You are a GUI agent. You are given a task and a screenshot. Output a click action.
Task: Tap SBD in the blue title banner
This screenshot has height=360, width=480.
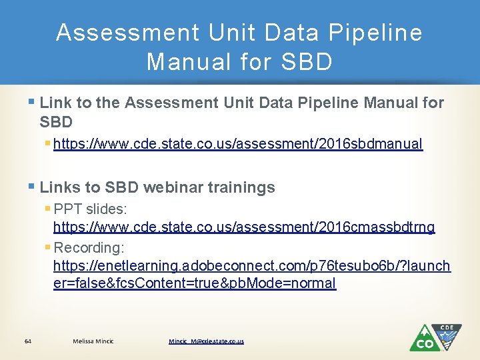[306, 62]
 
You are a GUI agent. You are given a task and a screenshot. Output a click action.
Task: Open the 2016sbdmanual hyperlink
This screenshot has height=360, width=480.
[237, 144]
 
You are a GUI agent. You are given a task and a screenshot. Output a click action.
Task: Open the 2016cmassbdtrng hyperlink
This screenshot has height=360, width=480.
[244, 227]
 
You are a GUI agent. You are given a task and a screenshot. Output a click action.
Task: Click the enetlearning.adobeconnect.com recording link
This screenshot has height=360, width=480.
[251, 266]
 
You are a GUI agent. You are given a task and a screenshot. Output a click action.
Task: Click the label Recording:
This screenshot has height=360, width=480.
[89, 248]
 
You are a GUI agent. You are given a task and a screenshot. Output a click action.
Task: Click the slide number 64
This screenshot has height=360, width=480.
[27, 341]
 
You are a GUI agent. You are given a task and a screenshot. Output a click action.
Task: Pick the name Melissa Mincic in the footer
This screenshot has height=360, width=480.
[93, 341]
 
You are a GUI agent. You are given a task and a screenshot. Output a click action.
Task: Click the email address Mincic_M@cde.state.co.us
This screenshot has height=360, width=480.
[206, 341]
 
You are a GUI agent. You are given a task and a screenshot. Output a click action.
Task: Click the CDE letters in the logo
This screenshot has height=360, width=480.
[447, 327]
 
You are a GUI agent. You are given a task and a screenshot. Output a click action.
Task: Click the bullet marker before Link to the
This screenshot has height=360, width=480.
[33, 103]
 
